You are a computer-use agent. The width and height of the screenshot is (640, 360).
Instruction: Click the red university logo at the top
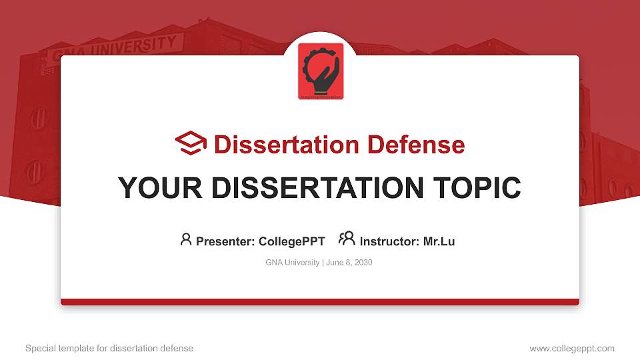tap(321, 71)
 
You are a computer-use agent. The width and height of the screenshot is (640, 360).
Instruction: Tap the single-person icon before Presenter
tap(186, 239)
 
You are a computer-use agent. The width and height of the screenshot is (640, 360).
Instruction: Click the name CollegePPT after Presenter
tap(291, 241)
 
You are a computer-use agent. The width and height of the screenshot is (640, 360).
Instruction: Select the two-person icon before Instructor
tap(347, 239)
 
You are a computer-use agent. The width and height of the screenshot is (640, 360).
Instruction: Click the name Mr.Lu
tap(439, 241)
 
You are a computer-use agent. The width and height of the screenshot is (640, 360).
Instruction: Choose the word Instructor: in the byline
tap(389, 241)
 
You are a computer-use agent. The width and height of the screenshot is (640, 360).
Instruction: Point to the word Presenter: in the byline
tap(225, 241)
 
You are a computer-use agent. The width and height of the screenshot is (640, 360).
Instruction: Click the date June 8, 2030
tap(349, 263)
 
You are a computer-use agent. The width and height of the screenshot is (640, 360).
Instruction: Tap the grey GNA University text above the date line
tap(293, 263)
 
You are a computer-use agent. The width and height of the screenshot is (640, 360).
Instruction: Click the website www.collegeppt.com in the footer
tap(572, 348)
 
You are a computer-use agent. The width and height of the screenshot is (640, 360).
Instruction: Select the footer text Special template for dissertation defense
tap(109, 348)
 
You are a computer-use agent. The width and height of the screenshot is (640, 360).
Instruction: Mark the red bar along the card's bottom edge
tap(320, 302)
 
